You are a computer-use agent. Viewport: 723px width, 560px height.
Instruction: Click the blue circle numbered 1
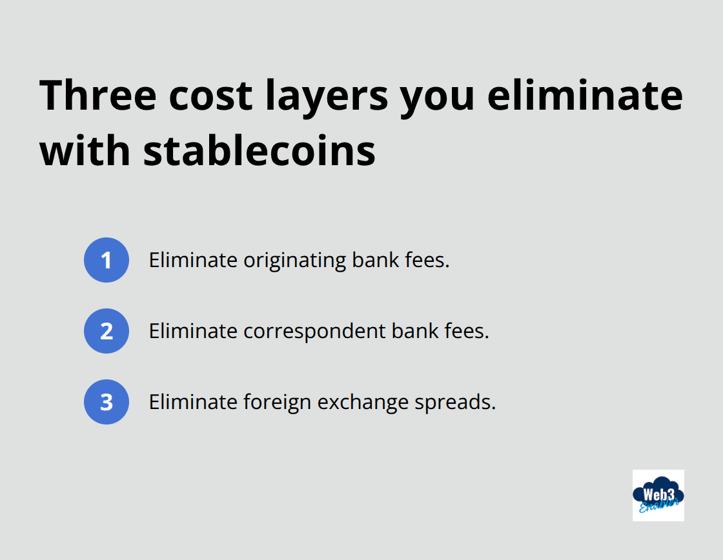click(x=107, y=260)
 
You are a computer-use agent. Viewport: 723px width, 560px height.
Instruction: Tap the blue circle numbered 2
click(x=107, y=331)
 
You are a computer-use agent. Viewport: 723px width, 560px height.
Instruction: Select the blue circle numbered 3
click(x=107, y=402)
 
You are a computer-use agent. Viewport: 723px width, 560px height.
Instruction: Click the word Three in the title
click(x=98, y=95)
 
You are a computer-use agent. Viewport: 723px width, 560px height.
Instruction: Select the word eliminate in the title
click(x=585, y=95)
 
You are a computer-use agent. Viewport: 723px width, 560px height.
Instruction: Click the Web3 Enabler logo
click(x=658, y=495)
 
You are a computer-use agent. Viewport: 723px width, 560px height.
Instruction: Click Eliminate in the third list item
click(x=193, y=402)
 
